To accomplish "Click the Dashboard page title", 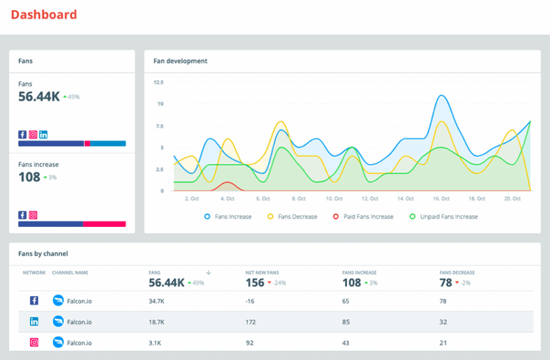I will (44, 14).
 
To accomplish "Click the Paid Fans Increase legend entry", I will (365, 217).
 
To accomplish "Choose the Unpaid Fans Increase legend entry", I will (444, 217).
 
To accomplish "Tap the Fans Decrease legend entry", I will (294, 217).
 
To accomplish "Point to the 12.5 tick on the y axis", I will (158, 82).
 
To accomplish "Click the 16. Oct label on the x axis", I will (441, 199).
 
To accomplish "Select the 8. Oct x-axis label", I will (298, 199).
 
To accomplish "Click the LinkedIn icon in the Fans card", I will (43, 134).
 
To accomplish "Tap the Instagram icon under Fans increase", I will (33, 215).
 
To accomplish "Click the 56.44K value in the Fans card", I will (39, 97).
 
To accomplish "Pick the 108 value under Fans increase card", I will (29, 177).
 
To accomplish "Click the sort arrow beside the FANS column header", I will (208, 272).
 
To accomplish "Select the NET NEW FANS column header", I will (261, 272).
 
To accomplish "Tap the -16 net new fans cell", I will (251, 300).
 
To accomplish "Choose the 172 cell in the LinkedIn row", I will (251, 322).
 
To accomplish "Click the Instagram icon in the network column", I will (34, 342).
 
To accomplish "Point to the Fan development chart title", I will (181, 61).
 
